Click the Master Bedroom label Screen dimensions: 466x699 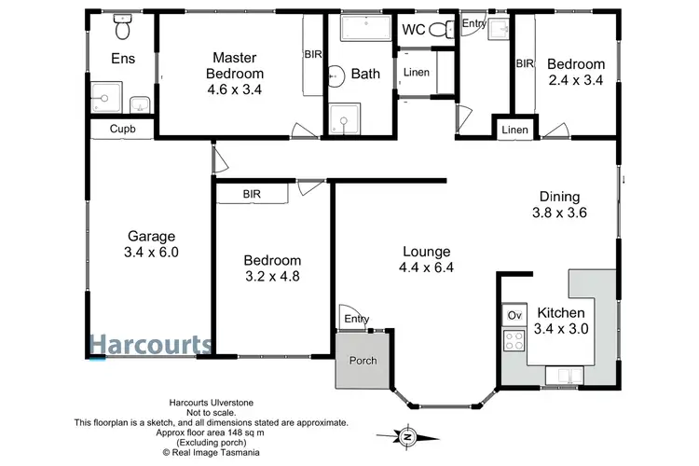click(235, 65)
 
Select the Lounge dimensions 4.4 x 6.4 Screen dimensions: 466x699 click(427, 267)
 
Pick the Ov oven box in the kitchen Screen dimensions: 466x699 click(514, 315)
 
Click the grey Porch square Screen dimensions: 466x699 click(362, 361)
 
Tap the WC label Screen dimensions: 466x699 click(414, 30)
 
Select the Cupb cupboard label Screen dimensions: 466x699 click(121, 130)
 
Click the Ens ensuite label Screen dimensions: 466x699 click(123, 58)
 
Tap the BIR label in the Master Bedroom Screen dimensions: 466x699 click(313, 55)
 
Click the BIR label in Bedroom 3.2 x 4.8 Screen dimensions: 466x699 click(252, 194)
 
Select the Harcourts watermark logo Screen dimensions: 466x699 click(150, 344)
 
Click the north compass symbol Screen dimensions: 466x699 click(406, 435)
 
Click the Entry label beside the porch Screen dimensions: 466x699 click(356, 320)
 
